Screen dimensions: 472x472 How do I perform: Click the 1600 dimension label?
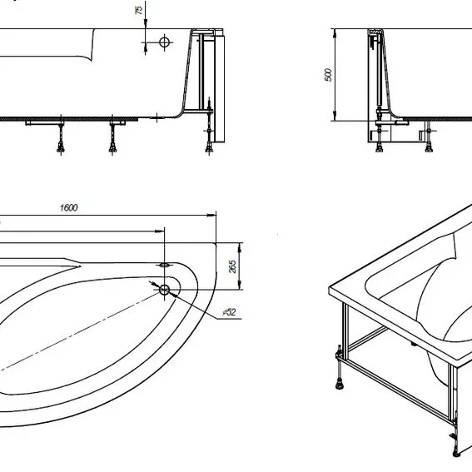point(69,208)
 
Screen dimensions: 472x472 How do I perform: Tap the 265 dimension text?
point(233,266)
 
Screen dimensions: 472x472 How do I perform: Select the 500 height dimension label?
point(328,75)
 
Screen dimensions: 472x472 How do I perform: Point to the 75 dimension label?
point(139,10)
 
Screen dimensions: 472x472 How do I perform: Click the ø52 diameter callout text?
point(230,312)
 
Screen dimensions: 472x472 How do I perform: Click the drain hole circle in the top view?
point(164,290)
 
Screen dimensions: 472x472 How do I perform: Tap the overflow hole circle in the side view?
point(164,42)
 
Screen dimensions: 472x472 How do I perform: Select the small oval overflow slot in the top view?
point(164,266)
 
